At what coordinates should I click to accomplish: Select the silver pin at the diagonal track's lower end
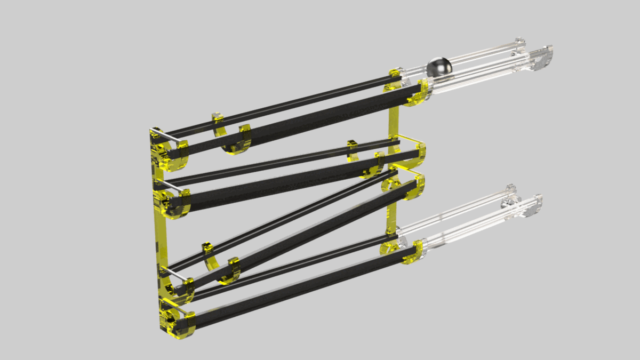[176, 274]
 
